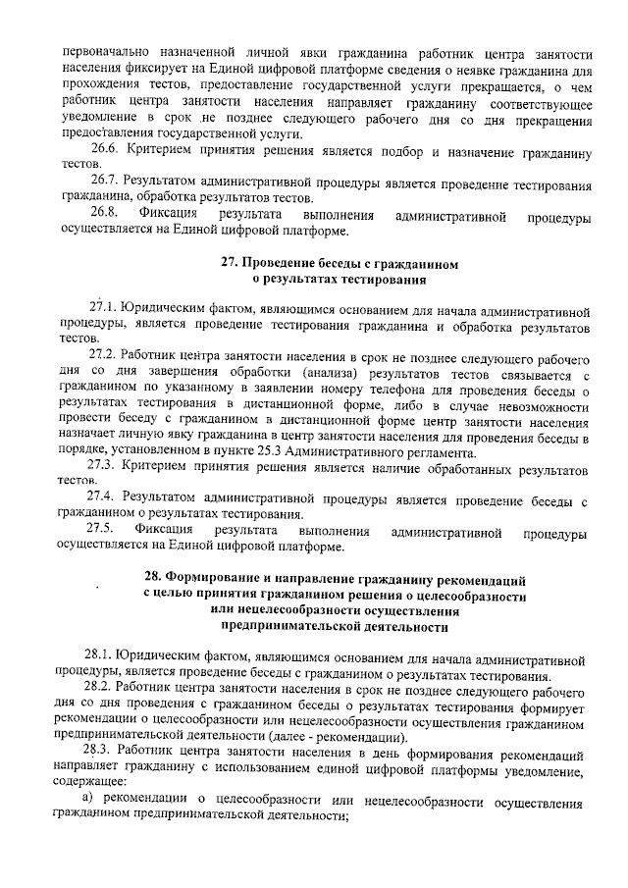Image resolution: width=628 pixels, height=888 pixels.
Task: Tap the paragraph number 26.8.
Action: (x=104, y=214)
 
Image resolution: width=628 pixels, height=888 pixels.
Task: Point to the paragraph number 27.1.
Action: (x=102, y=307)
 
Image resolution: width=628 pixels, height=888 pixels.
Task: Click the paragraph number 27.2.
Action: (x=102, y=355)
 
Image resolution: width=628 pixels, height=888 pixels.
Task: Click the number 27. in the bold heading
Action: (x=228, y=263)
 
